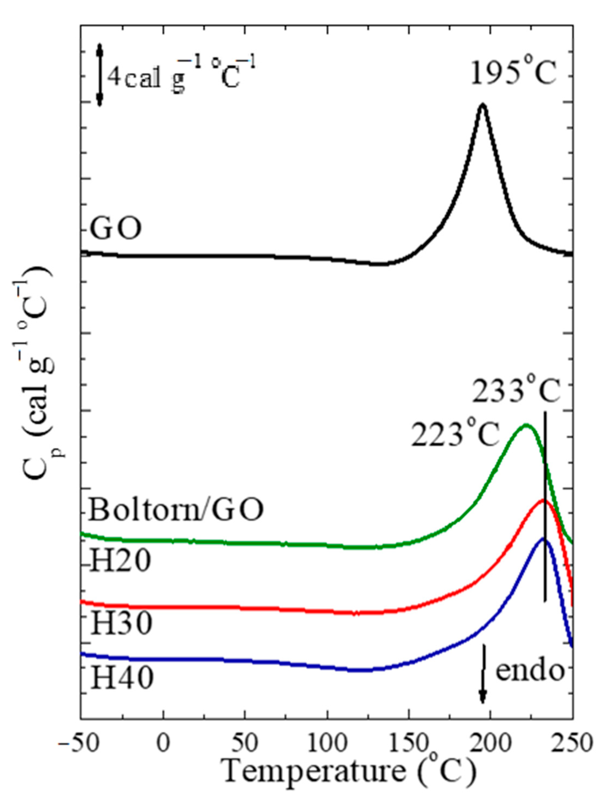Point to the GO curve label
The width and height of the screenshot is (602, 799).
point(116,229)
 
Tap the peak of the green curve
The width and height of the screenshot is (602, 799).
point(526,425)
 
